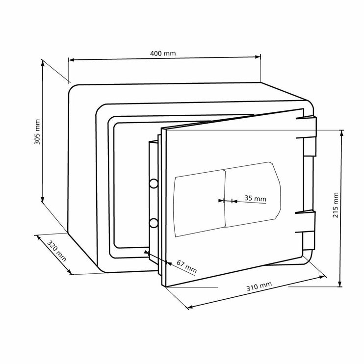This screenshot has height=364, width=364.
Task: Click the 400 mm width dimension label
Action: (164, 53)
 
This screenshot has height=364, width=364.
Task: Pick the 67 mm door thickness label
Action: (186, 268)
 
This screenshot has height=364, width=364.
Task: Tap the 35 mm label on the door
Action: (255, 198)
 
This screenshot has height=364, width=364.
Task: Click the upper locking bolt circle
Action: (154, 183)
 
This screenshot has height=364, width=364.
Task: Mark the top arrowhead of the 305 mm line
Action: (43, 64)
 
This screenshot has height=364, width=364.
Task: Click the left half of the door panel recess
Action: (199, 201)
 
